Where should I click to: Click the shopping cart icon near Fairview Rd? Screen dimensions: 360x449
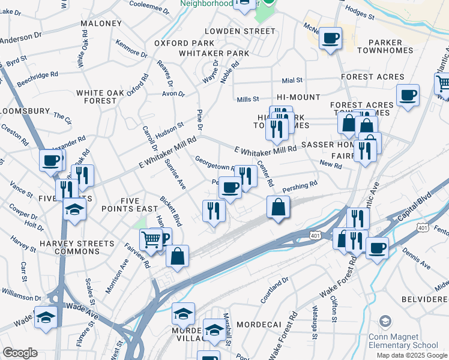[150, 239]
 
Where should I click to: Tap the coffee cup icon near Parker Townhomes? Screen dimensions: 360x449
[330, 38]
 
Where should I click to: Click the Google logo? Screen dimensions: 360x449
[20, 353]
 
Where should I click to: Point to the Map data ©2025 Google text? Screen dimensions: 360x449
[411, 355]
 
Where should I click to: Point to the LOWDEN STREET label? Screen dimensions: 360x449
[240, 31]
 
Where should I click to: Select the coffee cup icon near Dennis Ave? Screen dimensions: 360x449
[377, 248]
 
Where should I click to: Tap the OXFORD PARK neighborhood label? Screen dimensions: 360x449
[184, 43]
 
